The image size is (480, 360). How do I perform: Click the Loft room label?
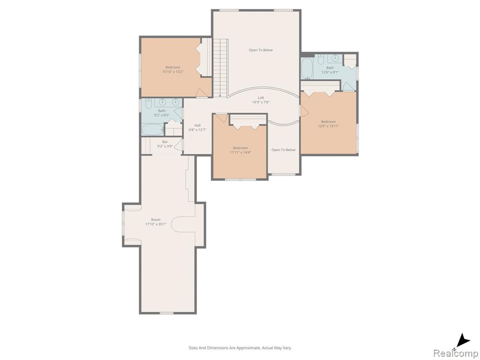pyautogui.click(x=261, y=97)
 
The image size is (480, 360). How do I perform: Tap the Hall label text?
pyautogui.click(x=197, y=125)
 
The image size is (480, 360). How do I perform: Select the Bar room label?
pyautogui.click(x=165, y=142)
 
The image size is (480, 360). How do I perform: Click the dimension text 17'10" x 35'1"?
pyautogui.click(x=156, y=224)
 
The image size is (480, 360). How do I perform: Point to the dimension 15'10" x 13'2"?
pyautogui.click(x=173, y=72)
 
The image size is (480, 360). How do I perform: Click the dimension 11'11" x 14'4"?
pyautogui.click(x=240, y=152)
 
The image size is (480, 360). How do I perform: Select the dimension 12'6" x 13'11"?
pyautogui.click(x=329, y=126)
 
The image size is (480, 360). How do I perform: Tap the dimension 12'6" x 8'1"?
pyautogui.click(x=330, y=72)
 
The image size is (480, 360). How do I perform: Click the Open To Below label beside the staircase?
pyautogui.click(x=261, y=50)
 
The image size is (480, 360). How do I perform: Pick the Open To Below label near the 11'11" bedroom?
pyautogui.click(x=284, y=150)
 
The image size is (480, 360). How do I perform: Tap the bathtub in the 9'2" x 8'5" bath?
pyautogui.click(x=153, y=130)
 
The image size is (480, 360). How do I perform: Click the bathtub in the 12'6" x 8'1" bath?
pyautogui.click(x=307, y=68)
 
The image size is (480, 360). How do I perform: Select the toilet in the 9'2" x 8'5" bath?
pyautogui.click(x=149, y=104)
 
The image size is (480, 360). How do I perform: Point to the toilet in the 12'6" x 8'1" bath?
pyautogui.click(x=321, y=60)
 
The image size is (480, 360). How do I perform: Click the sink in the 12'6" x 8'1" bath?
pyautogui.click(x=335, y=58)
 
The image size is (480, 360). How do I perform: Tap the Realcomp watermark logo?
pyautogui.click(x=456, y=353)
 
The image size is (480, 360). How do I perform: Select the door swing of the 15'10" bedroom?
pyautogui.click(x=202, y=93)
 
